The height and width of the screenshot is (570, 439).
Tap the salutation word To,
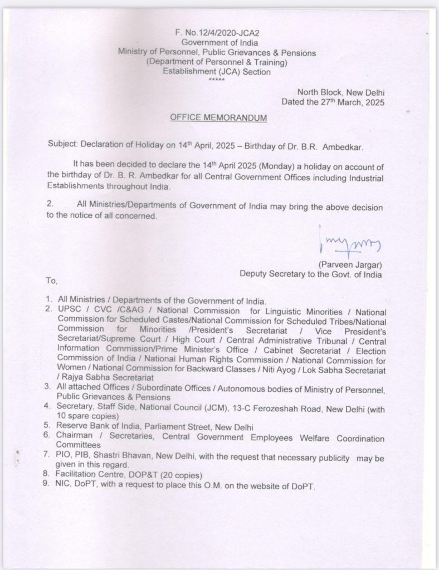[50, 280]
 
